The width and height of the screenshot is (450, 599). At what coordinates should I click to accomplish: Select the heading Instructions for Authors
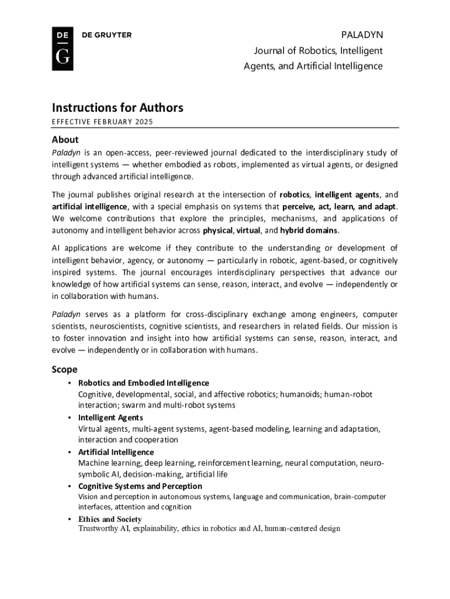[117, 108]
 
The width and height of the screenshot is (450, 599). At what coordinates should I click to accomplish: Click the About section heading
[65, 140]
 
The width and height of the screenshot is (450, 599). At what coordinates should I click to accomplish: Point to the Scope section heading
[65, 370]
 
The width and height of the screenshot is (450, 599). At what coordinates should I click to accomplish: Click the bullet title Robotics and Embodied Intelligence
[143, 383]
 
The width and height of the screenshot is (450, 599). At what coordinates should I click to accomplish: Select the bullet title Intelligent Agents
[110, 418]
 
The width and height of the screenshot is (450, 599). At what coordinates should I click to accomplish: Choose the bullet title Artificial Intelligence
[116, 452]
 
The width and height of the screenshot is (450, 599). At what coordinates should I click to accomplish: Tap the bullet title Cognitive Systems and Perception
[140, 486]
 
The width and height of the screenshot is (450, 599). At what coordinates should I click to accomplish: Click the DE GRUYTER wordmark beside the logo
[106, 35]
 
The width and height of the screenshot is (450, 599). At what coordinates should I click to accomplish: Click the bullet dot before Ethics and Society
[70, 519]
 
